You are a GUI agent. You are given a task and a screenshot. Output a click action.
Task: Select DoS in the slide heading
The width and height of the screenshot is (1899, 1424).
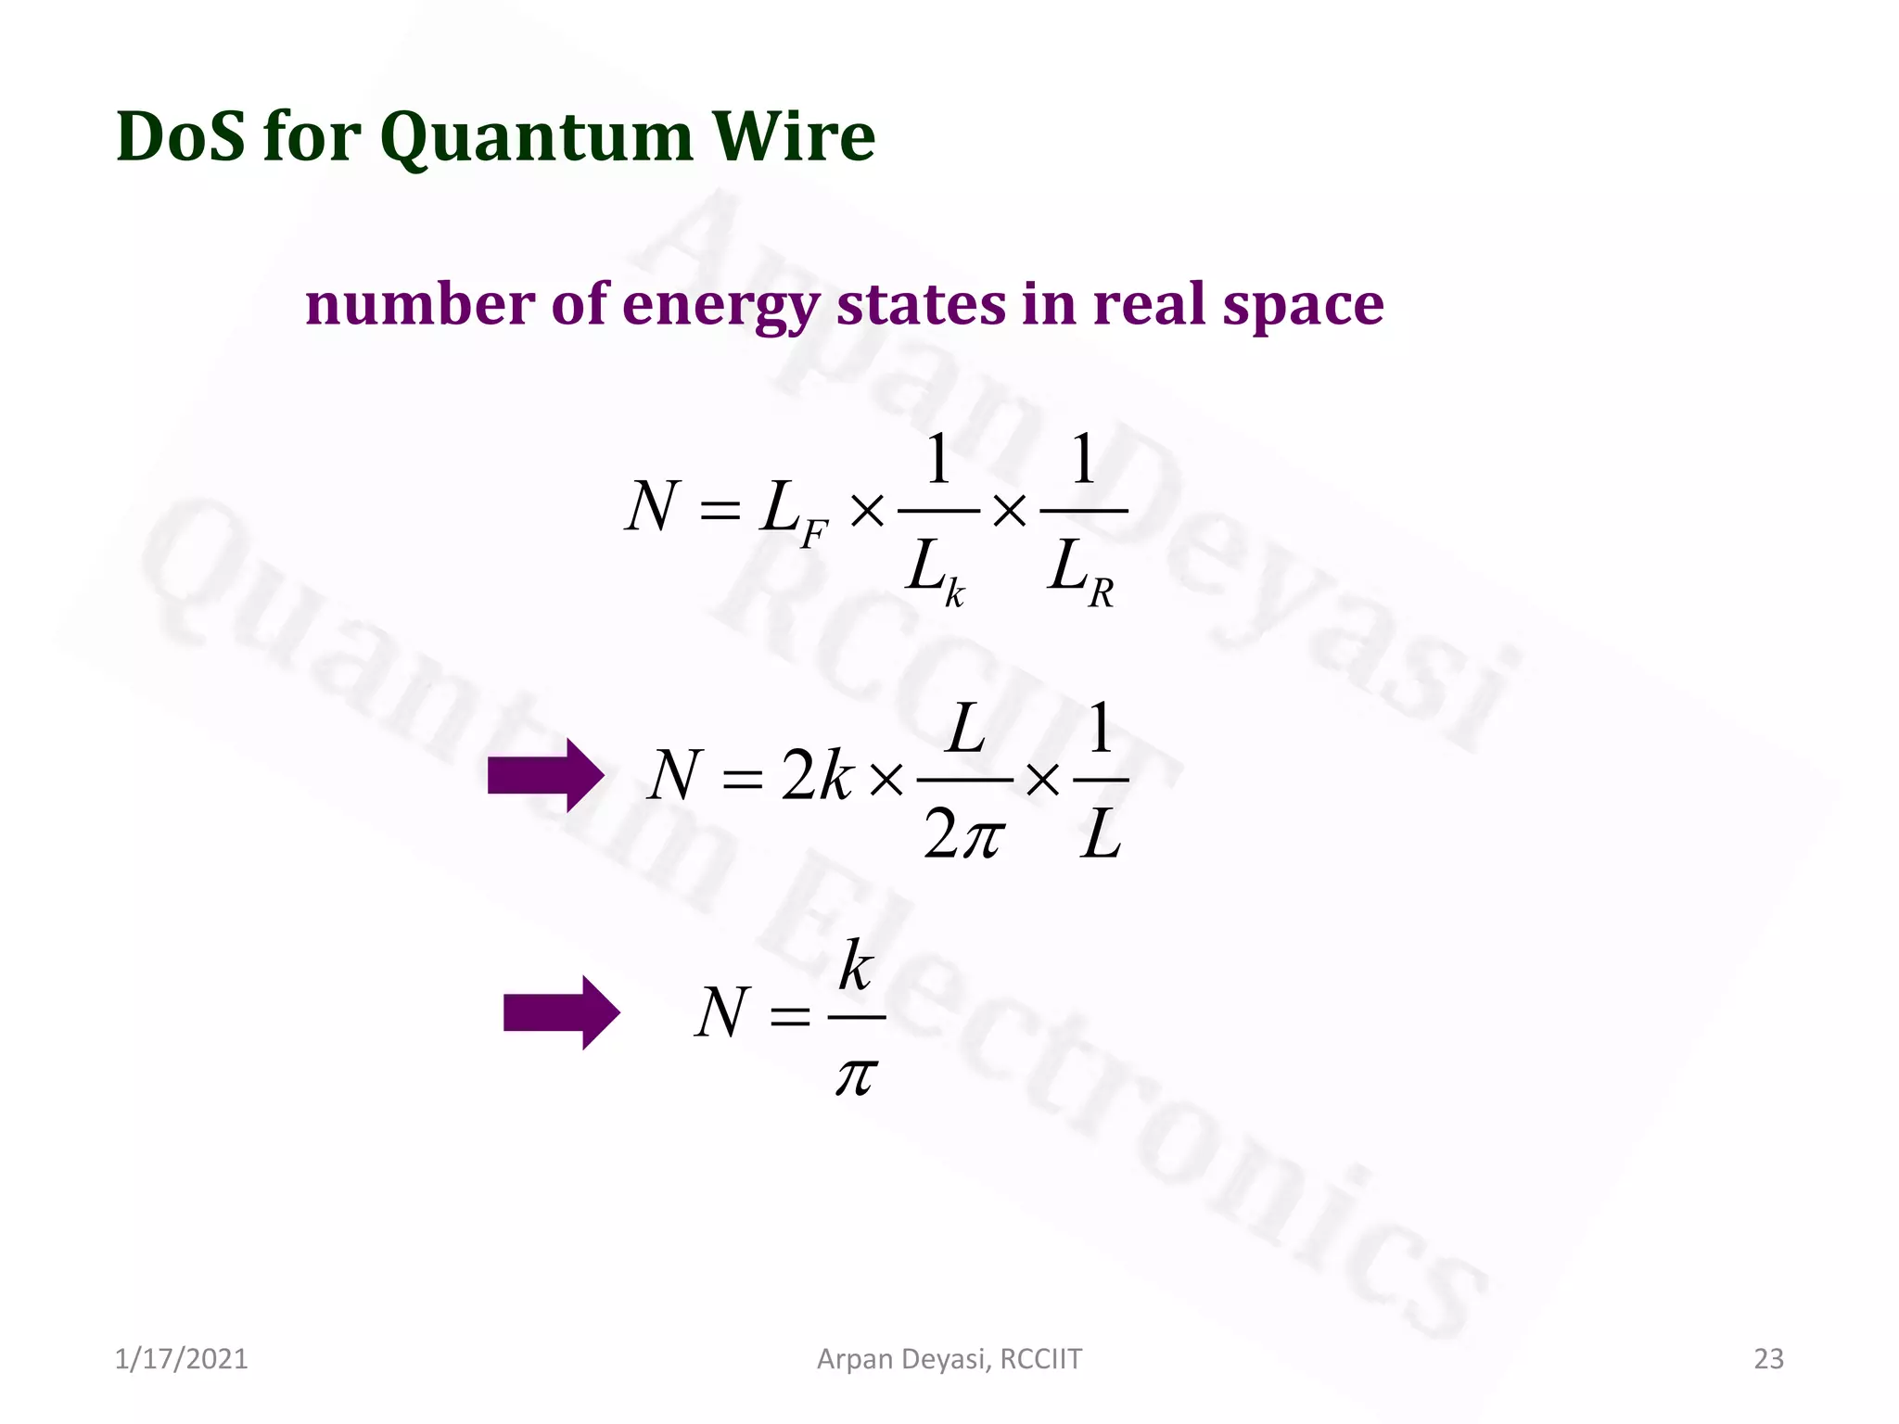click(182, 137)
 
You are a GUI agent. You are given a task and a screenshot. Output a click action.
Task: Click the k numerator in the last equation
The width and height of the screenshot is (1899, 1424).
click(855, 966)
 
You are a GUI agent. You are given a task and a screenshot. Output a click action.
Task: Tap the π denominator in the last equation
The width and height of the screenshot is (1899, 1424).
click(855, 1075)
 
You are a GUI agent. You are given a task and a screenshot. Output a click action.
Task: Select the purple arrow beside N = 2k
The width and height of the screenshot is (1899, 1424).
click(545, 776)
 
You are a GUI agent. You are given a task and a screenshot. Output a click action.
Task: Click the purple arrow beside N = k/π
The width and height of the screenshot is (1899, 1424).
click(561, 1012)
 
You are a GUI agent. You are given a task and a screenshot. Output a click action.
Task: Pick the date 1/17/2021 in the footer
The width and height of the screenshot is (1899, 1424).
click(182, 1359)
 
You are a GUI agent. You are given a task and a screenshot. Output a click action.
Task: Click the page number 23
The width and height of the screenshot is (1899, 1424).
click(1768, 1359)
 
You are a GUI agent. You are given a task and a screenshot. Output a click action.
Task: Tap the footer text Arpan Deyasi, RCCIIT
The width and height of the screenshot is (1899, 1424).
click(949, 1359)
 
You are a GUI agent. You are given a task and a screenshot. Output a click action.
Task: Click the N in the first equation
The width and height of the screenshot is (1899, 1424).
click(652, 507)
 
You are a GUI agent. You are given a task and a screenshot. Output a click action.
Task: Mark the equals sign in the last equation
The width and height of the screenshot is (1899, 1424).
click(790, 1017)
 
